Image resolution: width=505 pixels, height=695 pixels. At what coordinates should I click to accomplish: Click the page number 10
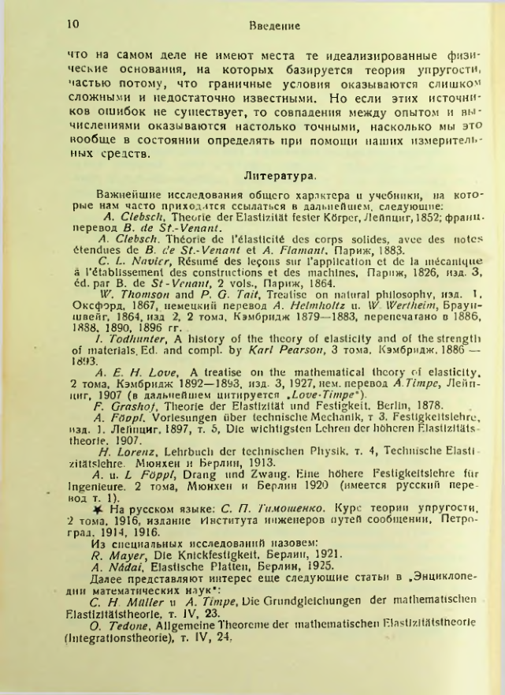coord(72,24)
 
